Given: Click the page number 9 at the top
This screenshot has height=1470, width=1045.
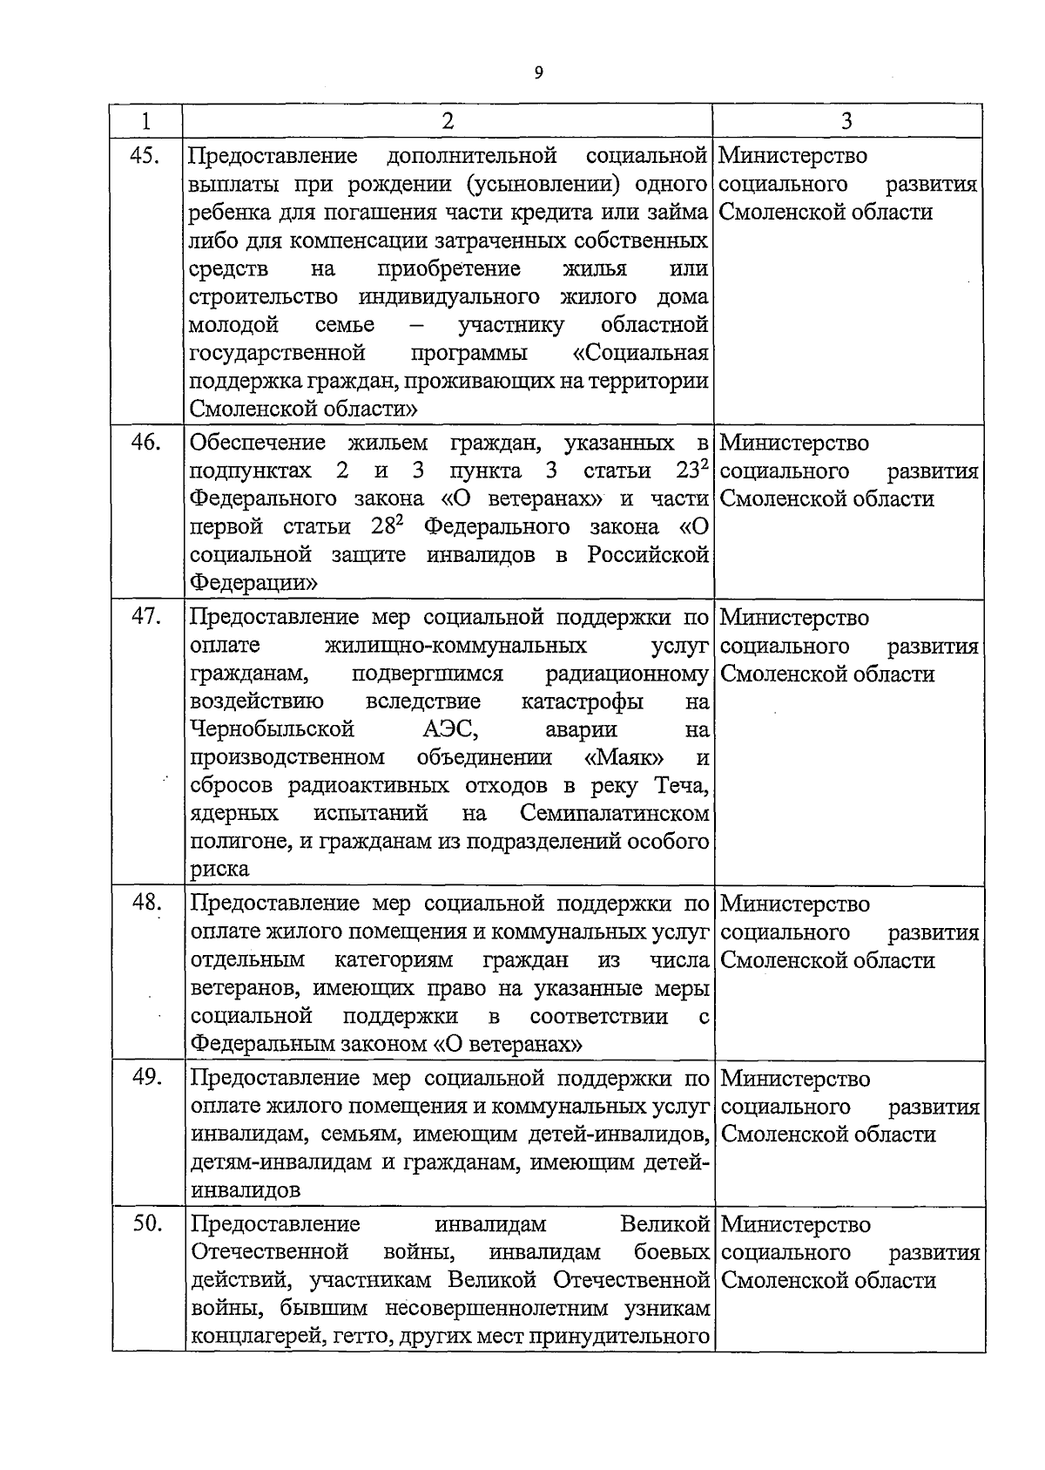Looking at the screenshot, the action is tap(538, 73).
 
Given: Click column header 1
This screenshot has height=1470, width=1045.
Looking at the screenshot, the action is tap(145, 121).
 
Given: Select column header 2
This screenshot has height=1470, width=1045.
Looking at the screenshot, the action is tap(448, 121).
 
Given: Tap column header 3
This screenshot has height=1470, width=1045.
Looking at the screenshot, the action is tap(846, 121).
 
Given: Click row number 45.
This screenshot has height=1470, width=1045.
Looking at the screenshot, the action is tap(145, 156).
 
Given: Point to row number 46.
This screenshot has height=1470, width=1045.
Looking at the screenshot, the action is tap(145, 443).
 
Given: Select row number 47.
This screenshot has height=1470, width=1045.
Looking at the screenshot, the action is tap(145, 617).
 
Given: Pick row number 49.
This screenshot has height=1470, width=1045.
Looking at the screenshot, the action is tap(147, 1078).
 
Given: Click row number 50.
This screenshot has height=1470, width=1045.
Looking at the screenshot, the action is tap(147, 1224).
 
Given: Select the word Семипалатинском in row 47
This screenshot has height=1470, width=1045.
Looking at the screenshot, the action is tap(614, 813).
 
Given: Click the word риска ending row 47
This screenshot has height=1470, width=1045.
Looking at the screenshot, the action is tap(219, 870).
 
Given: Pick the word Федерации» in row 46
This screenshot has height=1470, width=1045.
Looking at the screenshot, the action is tap(253, 582).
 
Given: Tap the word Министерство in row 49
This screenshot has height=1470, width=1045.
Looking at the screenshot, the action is tap(795, 1079).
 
